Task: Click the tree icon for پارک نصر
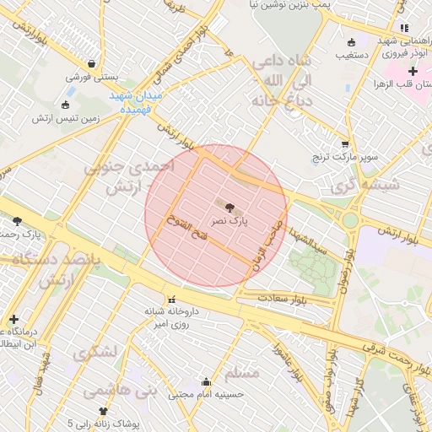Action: (230, 205)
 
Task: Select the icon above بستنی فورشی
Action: (91, 63)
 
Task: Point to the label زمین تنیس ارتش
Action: (66, 118)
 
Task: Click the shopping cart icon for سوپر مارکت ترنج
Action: (344, 144)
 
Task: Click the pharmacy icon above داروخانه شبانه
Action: (173, 298)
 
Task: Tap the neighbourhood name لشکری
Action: (92, 354)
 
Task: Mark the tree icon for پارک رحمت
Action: (18, 221)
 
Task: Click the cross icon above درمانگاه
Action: (13, 319)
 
